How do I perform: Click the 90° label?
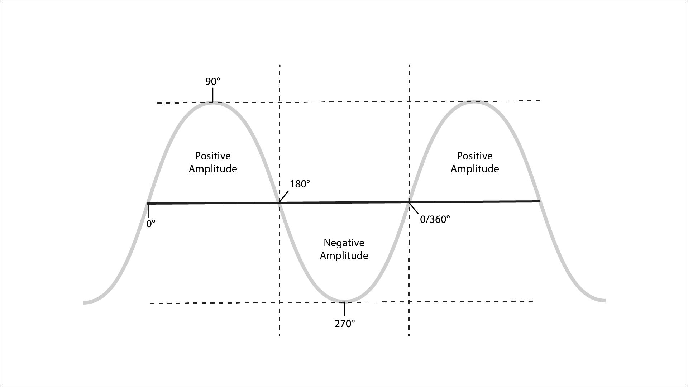tap(212, 82)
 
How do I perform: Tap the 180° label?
tap(300, 184)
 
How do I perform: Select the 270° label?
tap(345, 324)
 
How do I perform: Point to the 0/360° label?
tap(435, 219)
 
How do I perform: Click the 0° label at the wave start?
tap(151, 224)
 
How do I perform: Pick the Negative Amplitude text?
tap(344, 249)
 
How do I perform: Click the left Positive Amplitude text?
tap(213, 162)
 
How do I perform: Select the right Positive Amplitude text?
tap(475, 162)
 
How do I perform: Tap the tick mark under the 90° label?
tap(213, 95)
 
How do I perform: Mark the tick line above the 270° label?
tap(345, 309)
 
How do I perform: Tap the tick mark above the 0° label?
tap(148, 211)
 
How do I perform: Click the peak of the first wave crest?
tap(213, 103)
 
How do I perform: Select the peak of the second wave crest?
tap(474, 102)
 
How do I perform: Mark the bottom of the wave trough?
tap(344, 301)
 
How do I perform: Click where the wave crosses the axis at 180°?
tap(279, 203)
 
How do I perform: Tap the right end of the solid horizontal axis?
tap(539, 201)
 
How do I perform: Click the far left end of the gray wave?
tap(85, 302)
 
